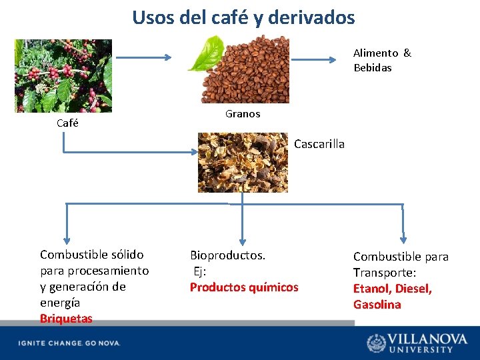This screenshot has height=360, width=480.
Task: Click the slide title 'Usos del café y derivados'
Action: [243, 17]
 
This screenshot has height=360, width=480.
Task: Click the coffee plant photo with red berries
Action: [63, 75]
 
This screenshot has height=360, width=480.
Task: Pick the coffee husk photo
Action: [243, 162]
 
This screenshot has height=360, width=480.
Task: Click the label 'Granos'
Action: [243, 114]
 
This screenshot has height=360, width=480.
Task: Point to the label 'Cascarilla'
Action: [319, 144]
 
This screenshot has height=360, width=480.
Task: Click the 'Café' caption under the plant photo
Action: [67, 123]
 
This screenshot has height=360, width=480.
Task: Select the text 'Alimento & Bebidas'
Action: [382, 60]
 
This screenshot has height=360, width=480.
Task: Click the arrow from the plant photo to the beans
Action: [143, 57]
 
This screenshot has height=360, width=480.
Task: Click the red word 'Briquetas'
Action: [66, 319]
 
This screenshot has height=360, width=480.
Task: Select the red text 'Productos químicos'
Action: [244, 287]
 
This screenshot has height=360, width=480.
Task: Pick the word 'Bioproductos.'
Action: [227, 255]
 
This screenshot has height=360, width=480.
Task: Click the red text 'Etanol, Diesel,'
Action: [393, 289]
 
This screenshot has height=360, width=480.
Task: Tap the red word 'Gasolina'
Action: [377, 305]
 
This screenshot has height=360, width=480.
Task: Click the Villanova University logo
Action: [418, 343]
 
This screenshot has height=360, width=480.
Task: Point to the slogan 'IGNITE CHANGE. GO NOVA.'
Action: [69, 343]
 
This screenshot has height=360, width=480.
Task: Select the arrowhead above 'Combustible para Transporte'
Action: [403, 239]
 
